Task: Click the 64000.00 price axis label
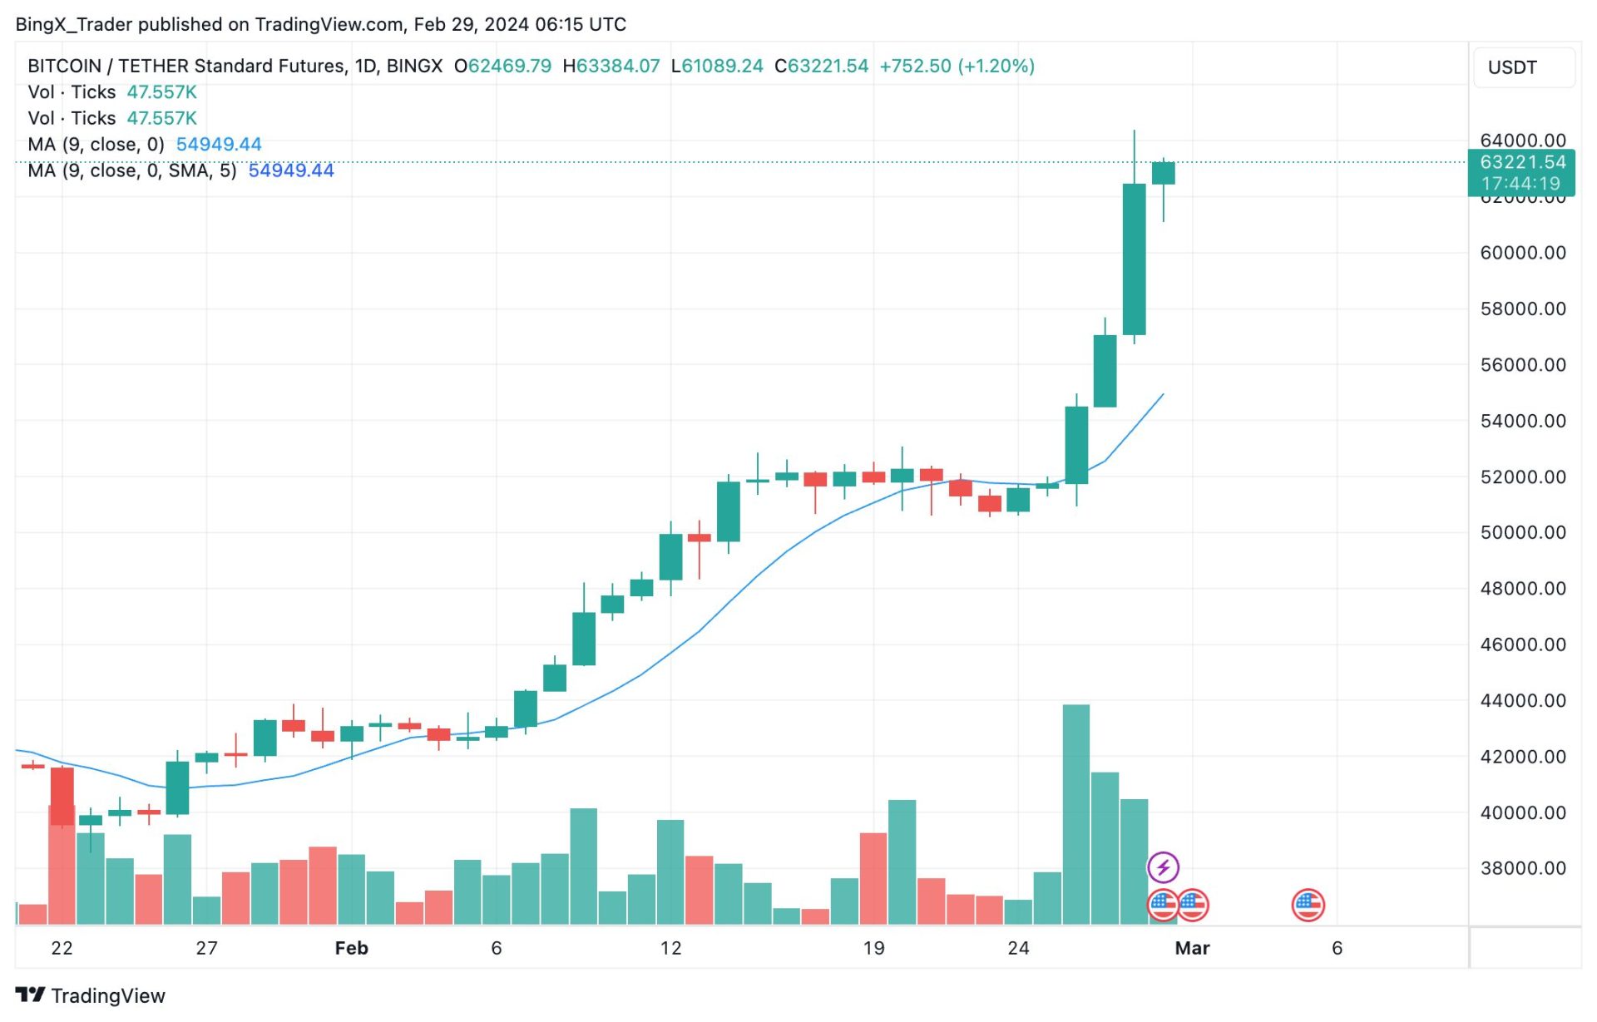(x=1522, y=141)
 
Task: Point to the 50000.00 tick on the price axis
(x=1522, y=532)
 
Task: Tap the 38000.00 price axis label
(x=1522, y=868)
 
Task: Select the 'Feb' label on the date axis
(x=351, y=948)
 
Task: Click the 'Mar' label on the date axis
(x=1192, y=948)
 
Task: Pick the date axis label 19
(x=873, y=948)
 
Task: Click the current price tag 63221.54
(x=1522, y=162)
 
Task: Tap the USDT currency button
(x=1512, y=67)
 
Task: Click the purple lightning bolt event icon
(x=1163, y=867)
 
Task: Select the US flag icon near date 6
(x=1308, y=905)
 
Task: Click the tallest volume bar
(x=1075, y=815)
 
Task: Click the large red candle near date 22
(x=62, y=796)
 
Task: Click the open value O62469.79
(x=502, y=66)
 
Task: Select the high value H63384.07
(x=611, y=66)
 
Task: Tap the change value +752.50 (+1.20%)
(x=957, y=66)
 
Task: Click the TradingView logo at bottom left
(x=91, y=995)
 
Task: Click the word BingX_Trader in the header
(x=74, y=24)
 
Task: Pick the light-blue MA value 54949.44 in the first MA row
(x=219, y=144)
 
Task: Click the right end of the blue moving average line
(x=1162, y=395)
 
